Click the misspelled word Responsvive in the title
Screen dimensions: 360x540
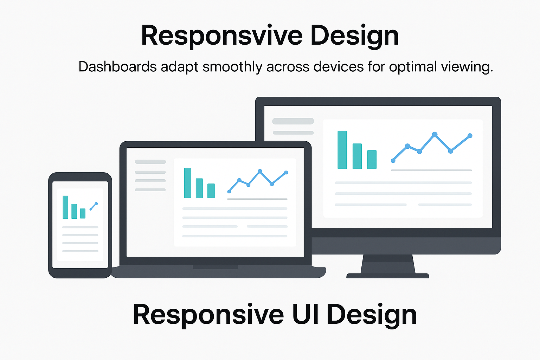(x=221, y=36)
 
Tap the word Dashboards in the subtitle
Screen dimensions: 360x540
(x=117, y=67)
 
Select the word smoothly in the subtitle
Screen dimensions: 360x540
(x=232, y=67)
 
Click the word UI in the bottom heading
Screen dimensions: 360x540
(x=305, y=315)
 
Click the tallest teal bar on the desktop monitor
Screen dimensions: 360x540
(x=342, y=150)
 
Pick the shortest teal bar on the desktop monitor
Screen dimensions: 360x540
(x=372, y=160)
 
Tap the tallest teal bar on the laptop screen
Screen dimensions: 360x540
(x=188, y=183)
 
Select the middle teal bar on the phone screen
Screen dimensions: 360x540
(x=74, y=211)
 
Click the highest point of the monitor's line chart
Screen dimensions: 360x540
(x=435, y=134)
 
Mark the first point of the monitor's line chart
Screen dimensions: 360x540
(x=393, y=161)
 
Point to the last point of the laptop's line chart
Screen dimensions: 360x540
(x=286, y=172)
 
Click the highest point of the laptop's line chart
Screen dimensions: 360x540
(x=260, y=171)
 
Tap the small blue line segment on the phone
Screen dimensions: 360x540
(x=94, y=206)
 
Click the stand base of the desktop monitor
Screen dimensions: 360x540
(x=388, y=276)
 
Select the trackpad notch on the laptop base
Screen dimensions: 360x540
(x=215, y=267)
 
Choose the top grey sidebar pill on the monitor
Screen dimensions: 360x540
(x=293, y=121)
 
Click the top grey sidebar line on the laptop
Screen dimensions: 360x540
(x=150, y=162)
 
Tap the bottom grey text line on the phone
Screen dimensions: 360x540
(x=80, y=251)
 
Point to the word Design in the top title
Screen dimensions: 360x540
(x=354, y=36)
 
